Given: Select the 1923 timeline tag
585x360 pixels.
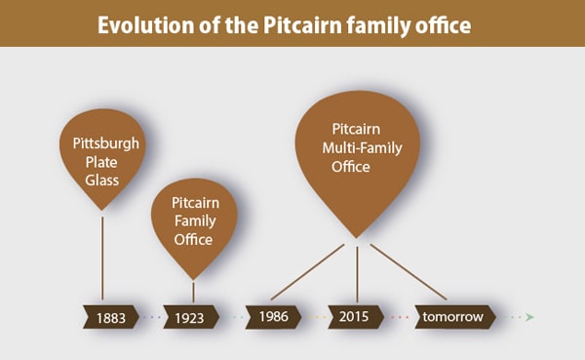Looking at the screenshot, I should (190, 317).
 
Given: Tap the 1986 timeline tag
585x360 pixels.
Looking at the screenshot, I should (273, 316).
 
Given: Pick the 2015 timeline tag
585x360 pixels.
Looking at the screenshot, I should (356, 316).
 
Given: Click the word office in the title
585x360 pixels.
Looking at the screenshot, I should (445, 23).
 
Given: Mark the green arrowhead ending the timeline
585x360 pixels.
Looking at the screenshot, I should (529, 317).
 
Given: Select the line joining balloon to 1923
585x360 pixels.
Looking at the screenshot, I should (193, 291).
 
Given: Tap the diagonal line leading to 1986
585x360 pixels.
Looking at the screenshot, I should (307, 272).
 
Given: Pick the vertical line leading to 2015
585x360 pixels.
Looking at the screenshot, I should (357, 273).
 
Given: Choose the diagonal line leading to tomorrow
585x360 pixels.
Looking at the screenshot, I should (408, 271).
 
